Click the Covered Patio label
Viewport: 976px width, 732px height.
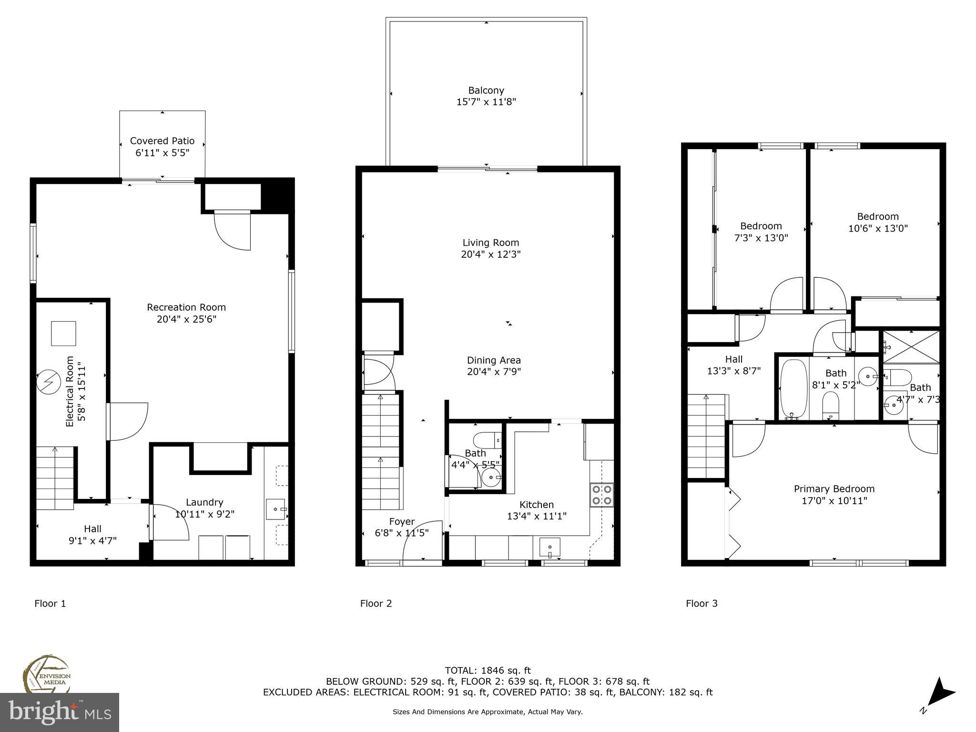coord(162,141)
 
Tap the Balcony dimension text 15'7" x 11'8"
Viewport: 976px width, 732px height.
coord(486,102)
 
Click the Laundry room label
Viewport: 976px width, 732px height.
coord(204,502)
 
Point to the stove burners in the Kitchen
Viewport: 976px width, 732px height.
coord(601,495)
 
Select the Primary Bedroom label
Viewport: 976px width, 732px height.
coord(834,489)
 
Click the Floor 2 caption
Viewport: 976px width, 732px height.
coord(376,604)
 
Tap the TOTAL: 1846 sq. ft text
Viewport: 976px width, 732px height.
coord(488,671)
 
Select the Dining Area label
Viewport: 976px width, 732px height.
coord(494,360)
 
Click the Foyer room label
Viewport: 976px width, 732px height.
coord(402,521)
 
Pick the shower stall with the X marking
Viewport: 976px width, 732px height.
coord(911,346)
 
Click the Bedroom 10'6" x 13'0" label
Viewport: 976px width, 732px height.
coord(878,216)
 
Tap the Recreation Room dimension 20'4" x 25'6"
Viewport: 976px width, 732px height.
coord(186,319)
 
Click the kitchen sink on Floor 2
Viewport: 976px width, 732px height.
coord(549,547)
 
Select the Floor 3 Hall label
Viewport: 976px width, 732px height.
coord(734,359)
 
